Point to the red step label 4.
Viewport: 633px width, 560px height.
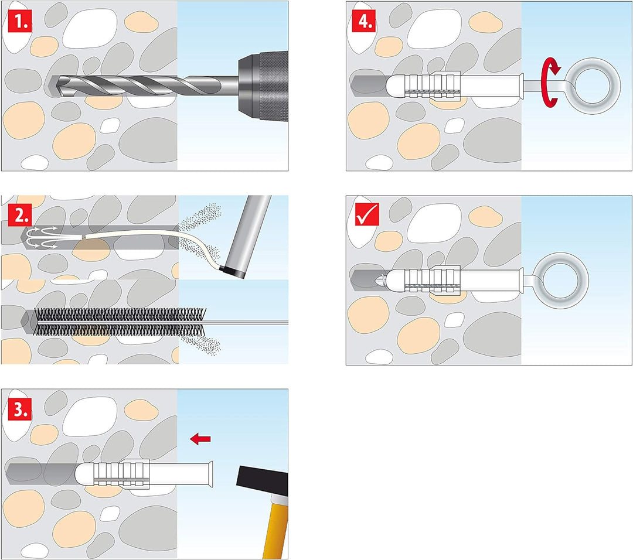[x=364, y=22]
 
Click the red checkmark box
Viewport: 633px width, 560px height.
[x=367, y=214]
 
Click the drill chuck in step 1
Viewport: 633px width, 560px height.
[x=263, y=86]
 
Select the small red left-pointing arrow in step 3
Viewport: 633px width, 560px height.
[x=200, y=439]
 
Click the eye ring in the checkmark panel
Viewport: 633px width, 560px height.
[x=565, y=280]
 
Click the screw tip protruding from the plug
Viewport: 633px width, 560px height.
[x=382, y=279]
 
